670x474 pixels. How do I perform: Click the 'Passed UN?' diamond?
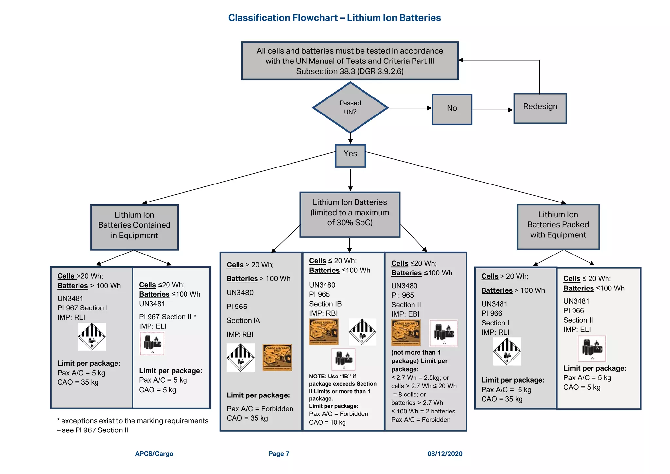(350, 108)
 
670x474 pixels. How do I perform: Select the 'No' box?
(452, 109)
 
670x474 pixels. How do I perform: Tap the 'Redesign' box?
(540, 108)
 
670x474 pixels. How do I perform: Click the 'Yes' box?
(350, 155)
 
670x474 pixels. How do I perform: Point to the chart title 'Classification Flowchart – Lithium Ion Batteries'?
(334, 18)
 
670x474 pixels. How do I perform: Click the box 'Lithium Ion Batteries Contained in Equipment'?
(134, 227)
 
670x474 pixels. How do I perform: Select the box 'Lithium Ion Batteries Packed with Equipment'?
(558, 227)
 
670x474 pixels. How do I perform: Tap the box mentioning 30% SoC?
(350, 214)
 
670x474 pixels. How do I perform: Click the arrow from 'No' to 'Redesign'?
(492, 110)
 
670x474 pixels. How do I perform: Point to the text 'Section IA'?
(243, 321)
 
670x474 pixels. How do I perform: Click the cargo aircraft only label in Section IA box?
(277, 357)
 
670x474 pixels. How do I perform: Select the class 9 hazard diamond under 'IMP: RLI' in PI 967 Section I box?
(92, 337)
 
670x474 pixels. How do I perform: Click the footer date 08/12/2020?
(445, 454)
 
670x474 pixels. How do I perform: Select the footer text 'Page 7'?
(279, 454)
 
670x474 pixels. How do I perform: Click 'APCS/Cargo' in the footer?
(154, 454)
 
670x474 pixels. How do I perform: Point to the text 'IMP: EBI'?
(405, 314)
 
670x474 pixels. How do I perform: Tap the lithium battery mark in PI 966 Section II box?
(592, 348)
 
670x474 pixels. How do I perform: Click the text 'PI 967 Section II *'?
(167, 317)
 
